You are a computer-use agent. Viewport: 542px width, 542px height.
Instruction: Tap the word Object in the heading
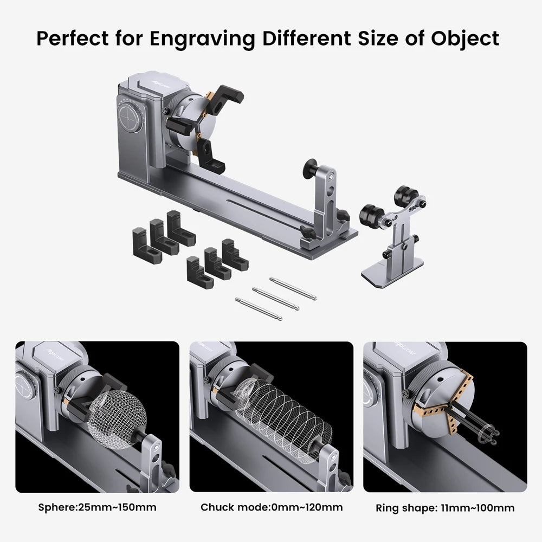[x=464, y=38]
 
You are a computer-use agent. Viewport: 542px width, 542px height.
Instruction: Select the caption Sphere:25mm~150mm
[x=97, y=508]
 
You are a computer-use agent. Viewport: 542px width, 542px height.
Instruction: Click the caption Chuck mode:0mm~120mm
[x=271, y=508]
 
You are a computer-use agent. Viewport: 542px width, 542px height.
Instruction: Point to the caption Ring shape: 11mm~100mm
[x=444, y=508]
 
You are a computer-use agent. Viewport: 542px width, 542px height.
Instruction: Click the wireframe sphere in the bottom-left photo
[x=118, y=416]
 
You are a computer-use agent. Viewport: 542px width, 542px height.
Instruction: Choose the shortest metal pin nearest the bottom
[x=258, y=308]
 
